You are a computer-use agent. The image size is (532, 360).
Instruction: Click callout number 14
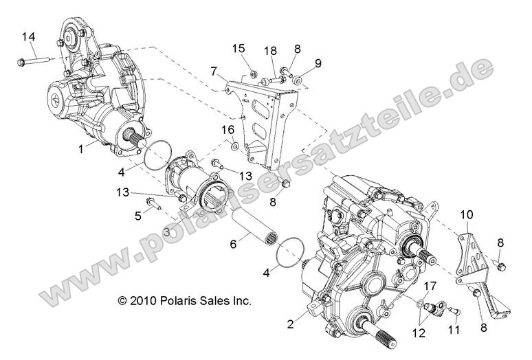(28, 36)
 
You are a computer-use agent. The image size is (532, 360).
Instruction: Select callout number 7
(215, 71)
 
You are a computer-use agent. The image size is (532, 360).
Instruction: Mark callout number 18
(270, 50)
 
